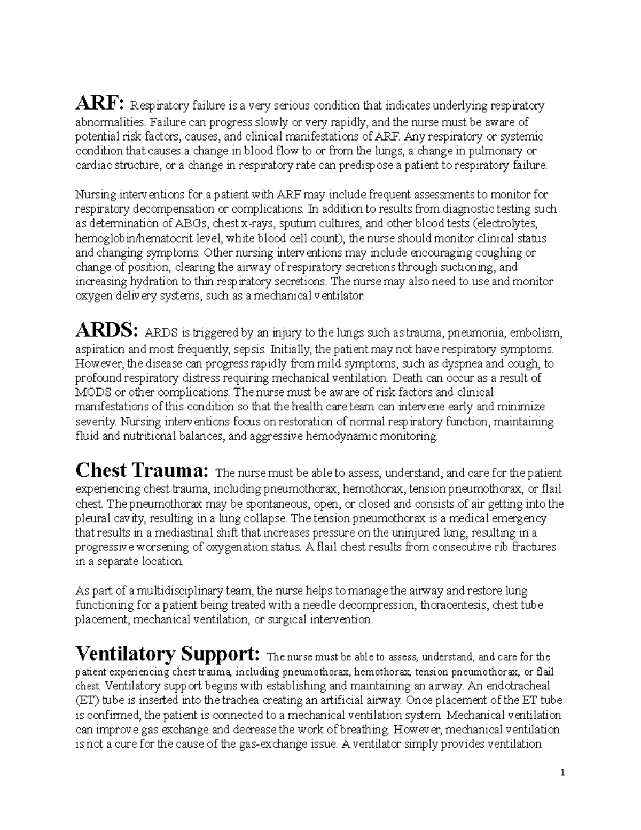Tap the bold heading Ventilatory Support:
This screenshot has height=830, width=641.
[168, 654]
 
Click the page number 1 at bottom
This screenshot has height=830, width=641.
[563, 773]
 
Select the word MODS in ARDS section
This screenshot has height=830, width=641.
[92, 392]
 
